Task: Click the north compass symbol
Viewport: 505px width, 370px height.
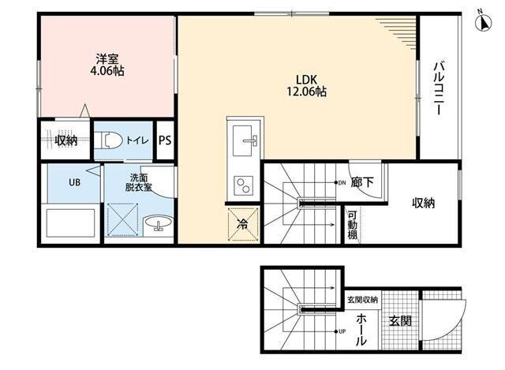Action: pos(484,23)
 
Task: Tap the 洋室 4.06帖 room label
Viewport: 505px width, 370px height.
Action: pos(107,65)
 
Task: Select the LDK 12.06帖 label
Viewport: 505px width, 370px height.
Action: pos(307,86)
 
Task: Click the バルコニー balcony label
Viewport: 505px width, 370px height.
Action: pos(439,88)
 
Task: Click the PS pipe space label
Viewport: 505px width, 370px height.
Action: pos(165,140)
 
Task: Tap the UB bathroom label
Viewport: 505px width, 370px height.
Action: pos(74,182)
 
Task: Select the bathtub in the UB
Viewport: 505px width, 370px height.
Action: pos(70,222)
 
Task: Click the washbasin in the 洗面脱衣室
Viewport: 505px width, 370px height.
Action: pos(158,222)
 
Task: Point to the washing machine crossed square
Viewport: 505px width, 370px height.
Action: pos(122,219)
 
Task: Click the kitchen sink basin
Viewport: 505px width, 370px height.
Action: pos(242,140)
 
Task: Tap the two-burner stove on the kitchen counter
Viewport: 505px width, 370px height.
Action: pos(243,186)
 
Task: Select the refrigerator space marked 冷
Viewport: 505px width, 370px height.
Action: pos(243,225)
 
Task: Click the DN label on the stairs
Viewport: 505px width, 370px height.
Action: pos(342,182)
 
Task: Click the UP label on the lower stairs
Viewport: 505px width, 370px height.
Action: pos(342,331)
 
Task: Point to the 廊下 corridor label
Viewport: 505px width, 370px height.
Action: pos(362,182)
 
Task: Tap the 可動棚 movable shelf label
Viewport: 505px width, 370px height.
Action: pos(352,225)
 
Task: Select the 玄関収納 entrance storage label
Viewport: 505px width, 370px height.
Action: pos(362,300)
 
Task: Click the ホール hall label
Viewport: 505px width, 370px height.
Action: pos(361,330)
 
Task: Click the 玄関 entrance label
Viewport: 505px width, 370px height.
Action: pos(400,321)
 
